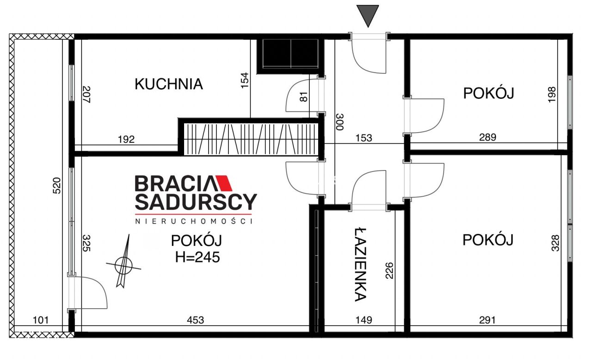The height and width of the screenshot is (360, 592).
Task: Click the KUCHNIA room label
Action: coord(168,84)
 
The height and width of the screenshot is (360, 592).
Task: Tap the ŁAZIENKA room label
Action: coord(361,264)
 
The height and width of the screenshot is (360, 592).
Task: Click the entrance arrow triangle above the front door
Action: coord(368,15)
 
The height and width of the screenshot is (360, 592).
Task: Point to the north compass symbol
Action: coord(123,265)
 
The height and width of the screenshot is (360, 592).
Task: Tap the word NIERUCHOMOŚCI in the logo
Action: coord(193,221)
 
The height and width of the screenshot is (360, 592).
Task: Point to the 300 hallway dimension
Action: coord(340,122)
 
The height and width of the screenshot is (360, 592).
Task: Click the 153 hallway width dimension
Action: coord(364,138)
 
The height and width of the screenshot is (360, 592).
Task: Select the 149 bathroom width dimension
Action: coord(364,320)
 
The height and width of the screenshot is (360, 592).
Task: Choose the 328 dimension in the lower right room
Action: coord(555,243)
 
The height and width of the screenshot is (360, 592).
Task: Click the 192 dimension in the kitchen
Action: coord(126,139)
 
